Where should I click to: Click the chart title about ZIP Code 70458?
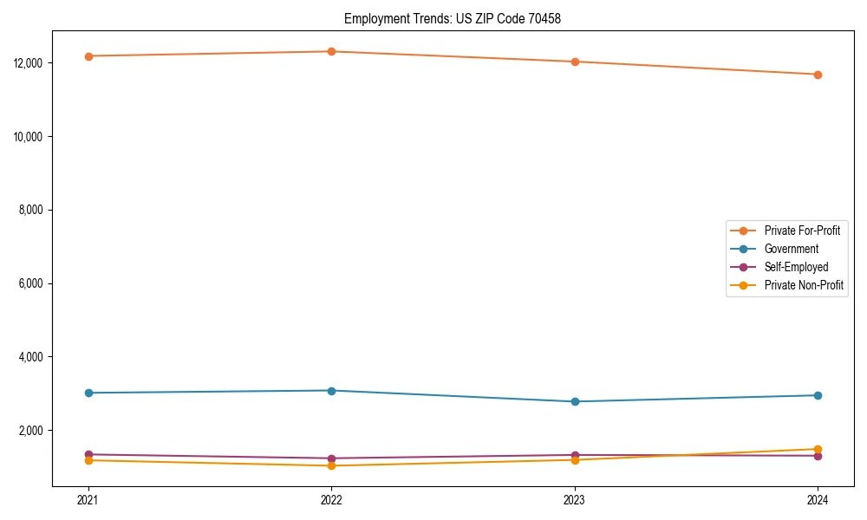point(453,18)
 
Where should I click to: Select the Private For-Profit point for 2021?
point(88,56)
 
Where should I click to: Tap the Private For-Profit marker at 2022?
point(331,51)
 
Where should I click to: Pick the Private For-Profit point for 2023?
point(575,62)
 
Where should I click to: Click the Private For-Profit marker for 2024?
point(818,75)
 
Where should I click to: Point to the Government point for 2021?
point(88,393)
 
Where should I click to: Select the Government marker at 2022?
point(331,390)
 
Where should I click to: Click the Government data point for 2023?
point(575,401)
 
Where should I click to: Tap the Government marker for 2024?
point(818,395)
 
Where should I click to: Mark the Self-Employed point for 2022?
point(331,458)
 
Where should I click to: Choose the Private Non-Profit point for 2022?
point(331,465)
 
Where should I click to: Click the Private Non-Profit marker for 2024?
point(818,449)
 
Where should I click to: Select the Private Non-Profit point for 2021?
point(88,460)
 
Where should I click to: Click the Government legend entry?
point(791,249)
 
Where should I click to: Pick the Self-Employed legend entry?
point(796,267)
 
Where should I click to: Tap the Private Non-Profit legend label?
point(804,285)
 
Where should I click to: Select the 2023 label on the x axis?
point(575,499)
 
